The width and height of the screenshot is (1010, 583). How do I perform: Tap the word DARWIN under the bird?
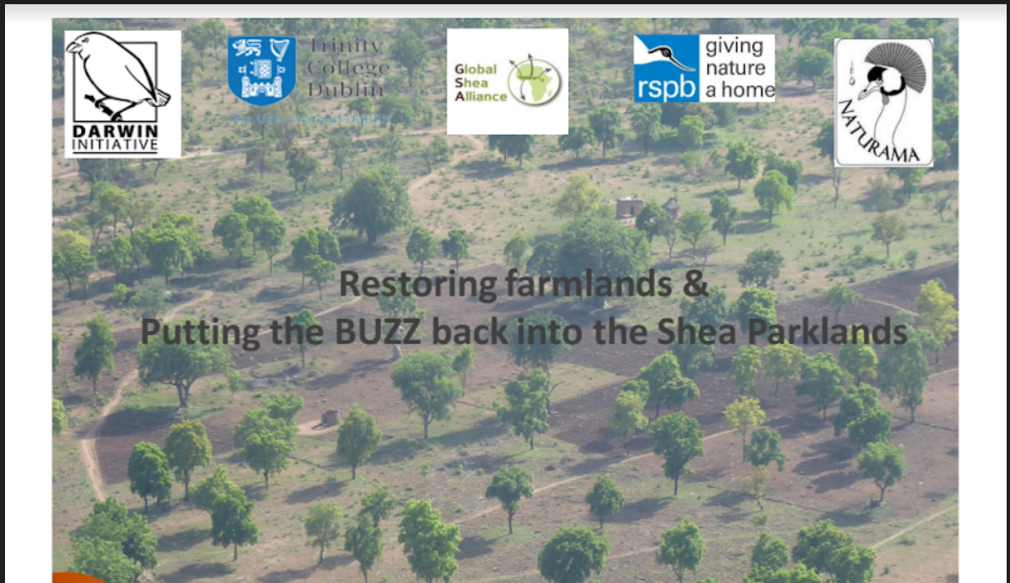(x=123, y=132)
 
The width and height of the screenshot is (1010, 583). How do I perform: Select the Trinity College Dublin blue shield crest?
(x=261, y=70)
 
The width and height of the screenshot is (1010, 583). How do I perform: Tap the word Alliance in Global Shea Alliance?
(x=481, y=96)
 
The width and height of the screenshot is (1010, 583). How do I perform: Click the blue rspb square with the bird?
(x=665, y=68)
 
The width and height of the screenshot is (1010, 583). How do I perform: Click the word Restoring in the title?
(x=417, y=284)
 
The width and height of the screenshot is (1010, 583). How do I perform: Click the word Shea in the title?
(x=723, y=332)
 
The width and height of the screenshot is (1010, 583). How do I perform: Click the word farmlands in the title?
(x=588, y=284)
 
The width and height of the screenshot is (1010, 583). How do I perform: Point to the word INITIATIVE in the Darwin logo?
(x=123, y=145)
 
